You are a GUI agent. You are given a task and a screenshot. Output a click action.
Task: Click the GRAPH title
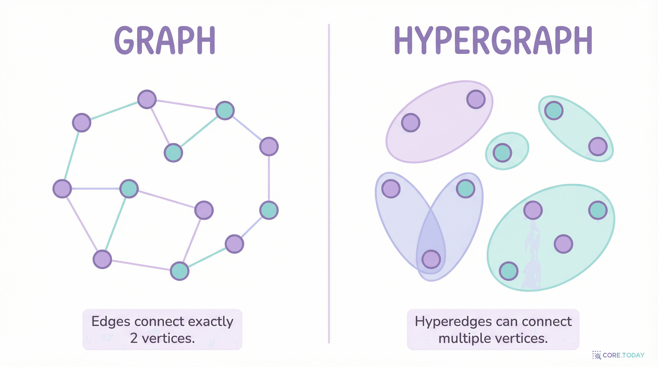[165, 41]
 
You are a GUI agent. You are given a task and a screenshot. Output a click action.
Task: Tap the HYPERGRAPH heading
[493, 41]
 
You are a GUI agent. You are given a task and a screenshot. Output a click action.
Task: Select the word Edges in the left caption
[111, 322]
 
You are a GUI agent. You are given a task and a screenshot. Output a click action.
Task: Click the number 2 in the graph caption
[134, 338]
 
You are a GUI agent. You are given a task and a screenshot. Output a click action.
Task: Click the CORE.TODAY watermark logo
[618, 355]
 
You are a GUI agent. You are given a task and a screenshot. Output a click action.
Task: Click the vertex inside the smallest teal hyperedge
[502, 153]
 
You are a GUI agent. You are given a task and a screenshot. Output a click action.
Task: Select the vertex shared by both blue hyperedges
[431, 259]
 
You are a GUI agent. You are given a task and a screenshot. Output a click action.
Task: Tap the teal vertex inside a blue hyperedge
[465, 189]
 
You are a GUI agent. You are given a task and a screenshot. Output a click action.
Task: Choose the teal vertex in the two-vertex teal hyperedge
[554, 111]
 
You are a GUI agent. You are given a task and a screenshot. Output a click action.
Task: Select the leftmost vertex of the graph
[62, 189]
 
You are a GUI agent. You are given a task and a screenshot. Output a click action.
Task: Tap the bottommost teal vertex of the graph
[180, 271]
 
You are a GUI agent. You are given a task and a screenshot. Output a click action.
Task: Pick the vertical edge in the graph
[269, 178]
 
